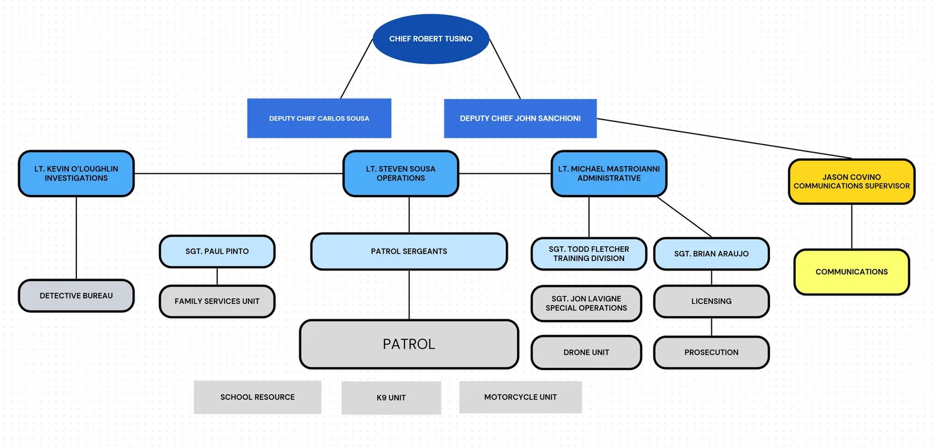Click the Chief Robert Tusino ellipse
pyautogui.click(x=431, y=39)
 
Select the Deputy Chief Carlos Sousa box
pyautogui.click(x=319, y=118)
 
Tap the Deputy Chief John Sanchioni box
pyautogui.click(x=520, y=118)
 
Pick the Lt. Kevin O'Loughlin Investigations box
pyautogui.click(x=76, y=173)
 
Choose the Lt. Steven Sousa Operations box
pyautogui.click(x=401, y=173)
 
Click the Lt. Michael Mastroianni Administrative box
pyautogui.click(x=608, y=173)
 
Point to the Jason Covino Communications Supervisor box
pyautogui.click(x=851, y=182)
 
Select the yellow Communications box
pyautogui.click(x=851, y=272)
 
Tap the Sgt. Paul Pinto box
pyautogui.click(x=217, y=252)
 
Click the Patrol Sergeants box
pyautogui.click(x=409, y=252)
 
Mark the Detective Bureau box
pyautogui.click(x=76, y=295)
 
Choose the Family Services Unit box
pyautogui.click(x=217, y=301)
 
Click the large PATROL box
pyautogui.click(x=409, y=344)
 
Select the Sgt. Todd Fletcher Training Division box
pyautogui.click(x=589, y=254)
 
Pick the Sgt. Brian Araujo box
pyautogui.click(x=711, y=254)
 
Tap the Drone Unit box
pyautogui.click(x=587, y=352)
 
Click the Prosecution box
pyautogui.click(x=711, y=352)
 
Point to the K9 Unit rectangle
pyautogui.click(x=391, y=398)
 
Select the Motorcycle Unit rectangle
pyautogui.click(x=521, y=397)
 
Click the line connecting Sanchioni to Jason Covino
pyautogui.click(x=724, y=139)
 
